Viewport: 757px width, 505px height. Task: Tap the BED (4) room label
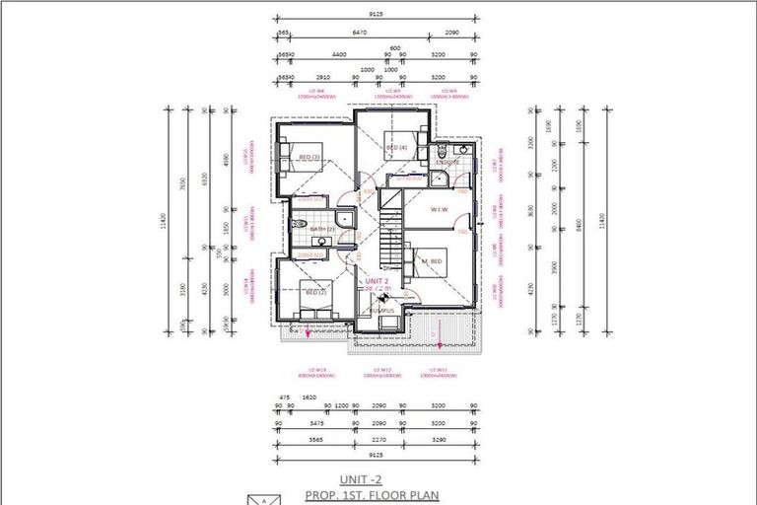pyautogui.click(x=396, y=148)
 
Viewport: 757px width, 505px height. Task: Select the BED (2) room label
pyautogui.click(x=315, y=292)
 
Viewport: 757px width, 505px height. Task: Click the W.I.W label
pyautogui.click(x=440, y=209)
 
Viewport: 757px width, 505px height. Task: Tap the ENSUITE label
pyautogui.click(x=434, y=162)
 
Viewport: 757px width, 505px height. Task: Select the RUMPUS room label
pyautogui.click(x=381, y=310)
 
